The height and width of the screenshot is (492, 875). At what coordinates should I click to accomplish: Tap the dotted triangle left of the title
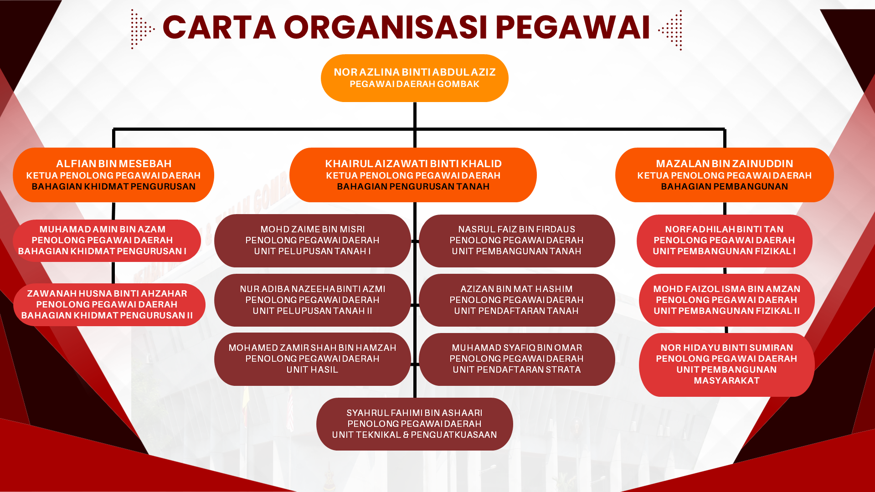coord(142,29)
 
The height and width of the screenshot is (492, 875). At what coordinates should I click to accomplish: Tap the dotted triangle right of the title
coord(671,30)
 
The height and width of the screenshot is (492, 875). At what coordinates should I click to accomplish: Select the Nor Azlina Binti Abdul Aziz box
coord(414,78)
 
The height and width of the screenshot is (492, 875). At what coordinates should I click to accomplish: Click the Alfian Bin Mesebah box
coord(113,175)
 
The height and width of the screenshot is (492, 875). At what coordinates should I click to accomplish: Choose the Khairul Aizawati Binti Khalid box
coord(413,175)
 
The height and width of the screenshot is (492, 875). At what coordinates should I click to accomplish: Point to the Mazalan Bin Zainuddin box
coord(724,175)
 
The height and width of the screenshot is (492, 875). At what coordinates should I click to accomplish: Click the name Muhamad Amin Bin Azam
coord(103,229)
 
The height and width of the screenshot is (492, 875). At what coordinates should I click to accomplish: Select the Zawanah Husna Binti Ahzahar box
coord(109,304)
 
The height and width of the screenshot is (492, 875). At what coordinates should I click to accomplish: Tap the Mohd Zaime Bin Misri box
coord(312,241)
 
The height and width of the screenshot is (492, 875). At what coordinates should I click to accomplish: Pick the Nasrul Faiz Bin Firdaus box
coord(516,241)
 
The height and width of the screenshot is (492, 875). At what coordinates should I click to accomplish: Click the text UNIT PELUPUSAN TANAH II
coord(312,311)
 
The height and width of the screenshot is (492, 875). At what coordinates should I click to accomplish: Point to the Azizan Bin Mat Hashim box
coord(516,300)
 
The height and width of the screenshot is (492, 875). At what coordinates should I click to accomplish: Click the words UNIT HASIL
coord(312,370)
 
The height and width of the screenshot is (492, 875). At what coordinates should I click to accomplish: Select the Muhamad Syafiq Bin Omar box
coord(516,359)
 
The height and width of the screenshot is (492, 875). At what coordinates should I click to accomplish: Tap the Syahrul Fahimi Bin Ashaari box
coord(414,424)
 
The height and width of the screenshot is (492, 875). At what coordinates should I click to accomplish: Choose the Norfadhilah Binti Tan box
coord(724,241)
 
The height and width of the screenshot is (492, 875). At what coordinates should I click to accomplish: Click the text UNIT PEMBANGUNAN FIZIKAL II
coord(726,311)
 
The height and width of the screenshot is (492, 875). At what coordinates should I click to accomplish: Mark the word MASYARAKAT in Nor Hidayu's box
coord(726,381)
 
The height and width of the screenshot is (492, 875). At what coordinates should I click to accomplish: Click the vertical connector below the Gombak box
coord(415,115)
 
